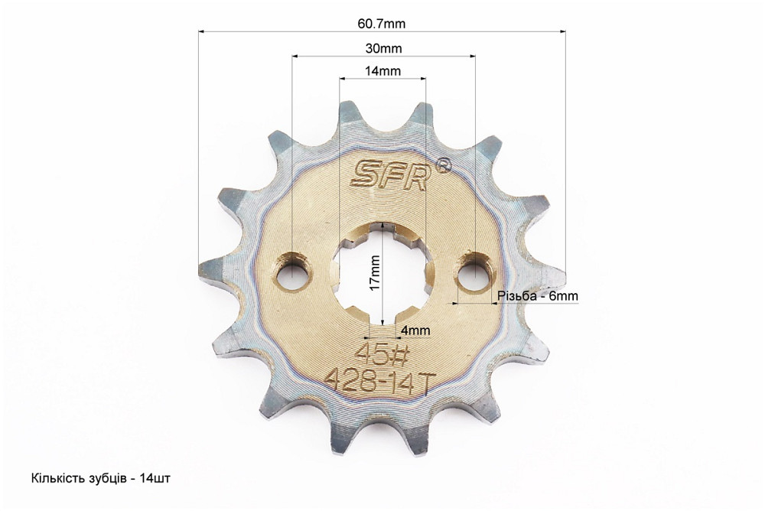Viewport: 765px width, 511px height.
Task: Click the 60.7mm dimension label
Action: click(x=382, y=24)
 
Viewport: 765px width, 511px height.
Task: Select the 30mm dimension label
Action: click(x=383, y=48)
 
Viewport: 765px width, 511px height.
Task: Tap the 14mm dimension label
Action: click(x=383, y=71)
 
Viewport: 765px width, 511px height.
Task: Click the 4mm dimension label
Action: click(x=415, y=330)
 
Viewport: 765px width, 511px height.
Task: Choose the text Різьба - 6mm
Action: click(x=538, y=296)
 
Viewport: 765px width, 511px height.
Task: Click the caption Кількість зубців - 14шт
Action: click(x=101, y=478)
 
